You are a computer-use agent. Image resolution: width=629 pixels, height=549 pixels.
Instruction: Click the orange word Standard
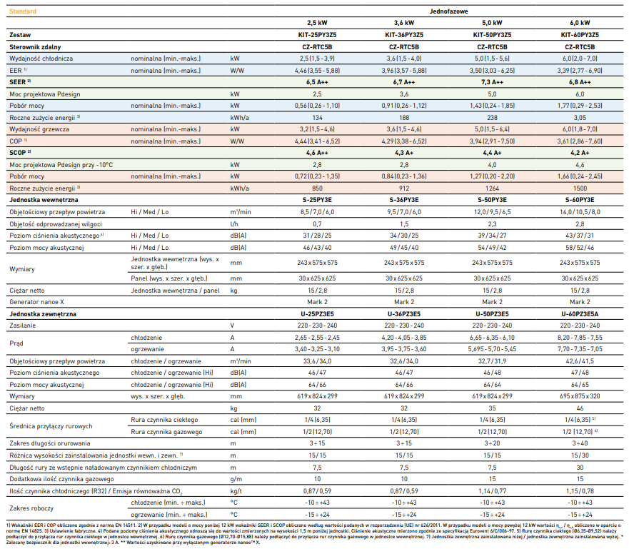[23, 11]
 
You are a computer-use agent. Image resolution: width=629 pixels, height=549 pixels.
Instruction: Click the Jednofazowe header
[448, 11]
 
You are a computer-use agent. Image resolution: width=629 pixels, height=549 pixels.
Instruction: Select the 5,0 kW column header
[492, 23]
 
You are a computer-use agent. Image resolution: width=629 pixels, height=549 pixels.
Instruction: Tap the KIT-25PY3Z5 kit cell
[317, 35]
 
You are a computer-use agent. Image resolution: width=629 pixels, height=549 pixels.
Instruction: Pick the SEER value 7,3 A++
[492, 82]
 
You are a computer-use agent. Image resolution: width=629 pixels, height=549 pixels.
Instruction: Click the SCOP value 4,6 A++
[317, 153]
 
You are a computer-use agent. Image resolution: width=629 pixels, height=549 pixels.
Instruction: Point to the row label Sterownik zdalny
[35, 47]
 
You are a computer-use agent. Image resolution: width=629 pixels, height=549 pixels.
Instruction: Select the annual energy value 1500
[580, 188]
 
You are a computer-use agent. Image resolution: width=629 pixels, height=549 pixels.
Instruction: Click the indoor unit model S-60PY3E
[580, 200]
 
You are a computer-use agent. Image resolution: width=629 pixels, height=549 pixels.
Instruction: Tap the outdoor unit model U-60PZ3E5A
[580, 314]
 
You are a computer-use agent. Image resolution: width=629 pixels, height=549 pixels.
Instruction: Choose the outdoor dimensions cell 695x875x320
[580, 396]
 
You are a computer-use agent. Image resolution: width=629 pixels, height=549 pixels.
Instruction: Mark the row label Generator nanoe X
[36, 302]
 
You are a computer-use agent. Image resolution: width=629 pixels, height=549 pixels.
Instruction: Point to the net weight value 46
[580, 408]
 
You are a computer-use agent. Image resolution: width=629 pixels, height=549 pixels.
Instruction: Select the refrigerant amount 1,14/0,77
[492, 491]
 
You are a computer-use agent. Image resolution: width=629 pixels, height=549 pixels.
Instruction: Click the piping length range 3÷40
[580, 443]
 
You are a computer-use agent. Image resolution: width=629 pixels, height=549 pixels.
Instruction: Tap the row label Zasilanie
[22, 326]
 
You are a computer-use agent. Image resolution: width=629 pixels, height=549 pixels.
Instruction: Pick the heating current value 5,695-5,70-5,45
[492, 349]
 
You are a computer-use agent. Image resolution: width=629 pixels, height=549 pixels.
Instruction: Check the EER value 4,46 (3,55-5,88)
[317, 71]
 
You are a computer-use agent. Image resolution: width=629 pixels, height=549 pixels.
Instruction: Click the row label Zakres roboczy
[31, 508]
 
